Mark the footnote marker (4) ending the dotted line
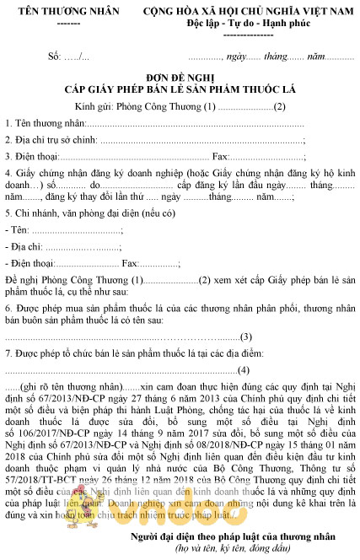point(245,369)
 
